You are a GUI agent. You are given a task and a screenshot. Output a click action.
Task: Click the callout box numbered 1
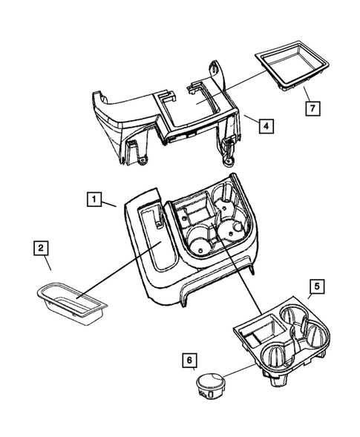(94, 199)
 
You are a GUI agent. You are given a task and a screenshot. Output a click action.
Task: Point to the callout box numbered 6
(190, 361)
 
